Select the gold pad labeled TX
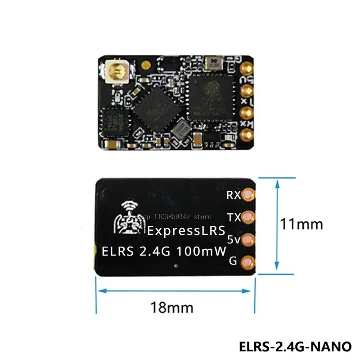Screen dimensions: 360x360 (x=247, y=217)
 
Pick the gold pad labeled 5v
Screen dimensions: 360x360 (x=247, y=240)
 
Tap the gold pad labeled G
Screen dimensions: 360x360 (x=247, y=261)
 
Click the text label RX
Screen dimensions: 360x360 (x=234, y=195)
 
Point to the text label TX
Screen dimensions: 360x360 (x=234, y=218)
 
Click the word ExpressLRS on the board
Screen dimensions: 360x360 (x=186, y=232)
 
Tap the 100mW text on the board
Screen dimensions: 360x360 (x=202, y=251)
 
